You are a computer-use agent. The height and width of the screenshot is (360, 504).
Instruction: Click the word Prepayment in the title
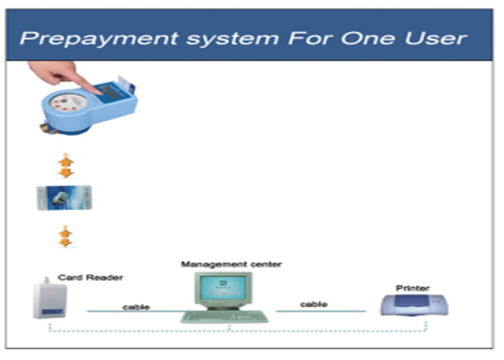click(99, 39)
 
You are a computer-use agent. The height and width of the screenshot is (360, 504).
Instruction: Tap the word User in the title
click(436, 38)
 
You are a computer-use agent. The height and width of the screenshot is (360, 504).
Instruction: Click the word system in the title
click(233, 39)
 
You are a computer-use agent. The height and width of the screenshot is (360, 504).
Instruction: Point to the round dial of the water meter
click(68, 103)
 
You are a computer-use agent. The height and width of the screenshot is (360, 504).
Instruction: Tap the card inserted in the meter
click(126, 84)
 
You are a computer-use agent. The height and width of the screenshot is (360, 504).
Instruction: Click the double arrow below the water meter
click(66, 166)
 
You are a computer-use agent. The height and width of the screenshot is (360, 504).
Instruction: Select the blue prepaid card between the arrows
click(64, 198)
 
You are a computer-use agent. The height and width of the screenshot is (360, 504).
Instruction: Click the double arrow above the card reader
click(66, 236)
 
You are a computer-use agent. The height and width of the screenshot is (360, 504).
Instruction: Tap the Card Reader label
click(90, 277)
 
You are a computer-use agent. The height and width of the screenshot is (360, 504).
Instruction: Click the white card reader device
click(50, 298)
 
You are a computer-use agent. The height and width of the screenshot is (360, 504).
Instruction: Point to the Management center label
click(231, 264)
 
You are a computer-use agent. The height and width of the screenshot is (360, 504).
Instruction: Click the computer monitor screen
click(223, 287)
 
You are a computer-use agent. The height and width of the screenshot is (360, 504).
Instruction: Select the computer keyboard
click(225, 316)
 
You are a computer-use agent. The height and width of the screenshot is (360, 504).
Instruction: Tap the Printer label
click(413, 288)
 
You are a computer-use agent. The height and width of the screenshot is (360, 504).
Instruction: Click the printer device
click(414, 305)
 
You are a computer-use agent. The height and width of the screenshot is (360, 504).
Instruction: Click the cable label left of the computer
click(136, 307)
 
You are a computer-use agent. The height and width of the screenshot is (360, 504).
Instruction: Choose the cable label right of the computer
click(314, 304)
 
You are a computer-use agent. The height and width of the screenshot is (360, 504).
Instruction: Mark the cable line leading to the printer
click(321, 311)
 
